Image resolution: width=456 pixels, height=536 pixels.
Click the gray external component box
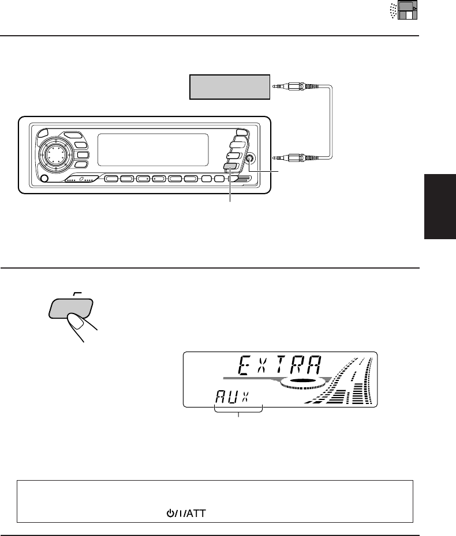230,86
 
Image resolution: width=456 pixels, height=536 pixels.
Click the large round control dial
53,154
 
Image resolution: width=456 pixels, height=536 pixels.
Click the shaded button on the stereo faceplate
229,167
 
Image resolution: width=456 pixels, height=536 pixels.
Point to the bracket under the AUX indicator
238,409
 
